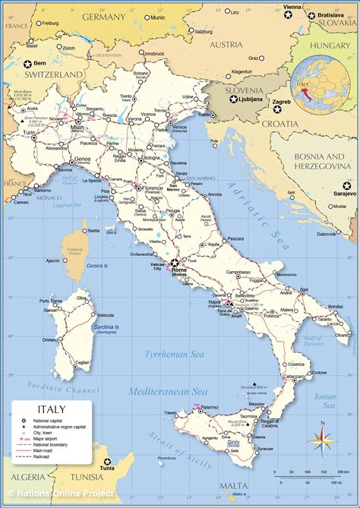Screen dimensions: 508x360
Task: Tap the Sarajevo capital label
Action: point(339,194)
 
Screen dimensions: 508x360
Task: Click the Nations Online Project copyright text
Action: point(61,494)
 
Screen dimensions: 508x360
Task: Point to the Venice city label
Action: point(180,127)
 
